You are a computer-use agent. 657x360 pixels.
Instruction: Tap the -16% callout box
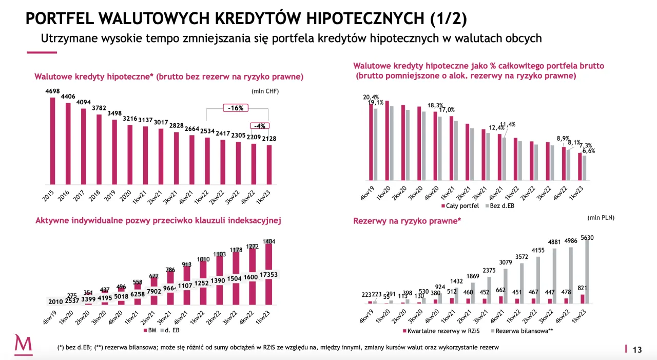(236, 108)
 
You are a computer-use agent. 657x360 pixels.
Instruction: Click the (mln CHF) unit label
(265, 91)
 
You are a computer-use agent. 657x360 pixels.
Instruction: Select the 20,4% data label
(371, 97)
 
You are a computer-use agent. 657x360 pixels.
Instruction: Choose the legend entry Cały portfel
(460, 205)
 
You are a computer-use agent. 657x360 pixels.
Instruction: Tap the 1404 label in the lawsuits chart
(269, 241)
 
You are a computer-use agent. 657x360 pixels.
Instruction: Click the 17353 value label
(269, 276)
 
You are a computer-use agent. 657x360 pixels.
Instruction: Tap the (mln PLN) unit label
(601, 217)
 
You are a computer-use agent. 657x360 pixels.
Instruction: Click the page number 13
(637, 350)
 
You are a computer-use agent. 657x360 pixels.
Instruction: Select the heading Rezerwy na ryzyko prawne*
(407, 221)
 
